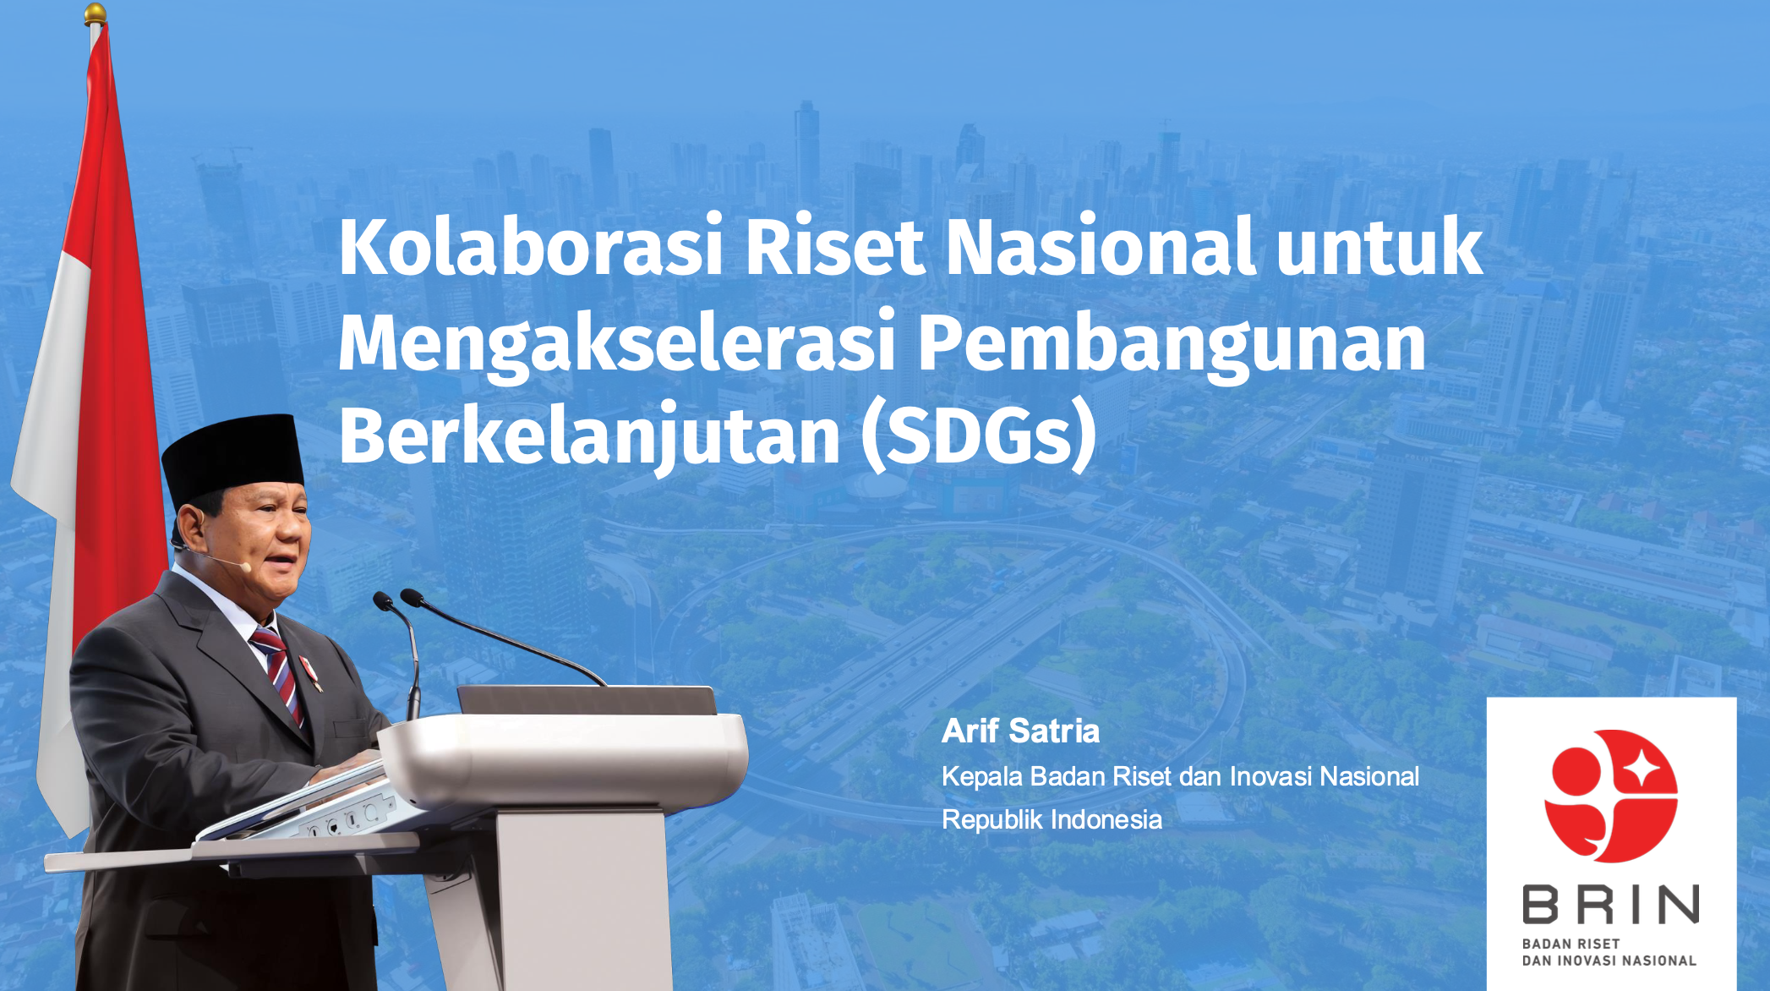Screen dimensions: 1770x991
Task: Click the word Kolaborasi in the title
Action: tap(531, 247)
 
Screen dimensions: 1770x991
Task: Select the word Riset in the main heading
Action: tap(833, 247)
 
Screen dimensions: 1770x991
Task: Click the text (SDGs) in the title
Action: tap(979, 437)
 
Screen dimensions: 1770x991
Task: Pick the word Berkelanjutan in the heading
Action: tap(590, 437)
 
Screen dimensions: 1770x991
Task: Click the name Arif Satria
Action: tap(1020, 731)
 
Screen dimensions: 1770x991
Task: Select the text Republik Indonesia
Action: tap(1052, 819)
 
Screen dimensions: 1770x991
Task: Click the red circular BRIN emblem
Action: tap(1610, 796)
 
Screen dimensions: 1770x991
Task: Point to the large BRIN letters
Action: tap(1610, 904)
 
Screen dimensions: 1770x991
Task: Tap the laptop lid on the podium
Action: tap(587, 700)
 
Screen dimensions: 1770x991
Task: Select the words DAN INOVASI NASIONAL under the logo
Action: tap(1609, 961)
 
